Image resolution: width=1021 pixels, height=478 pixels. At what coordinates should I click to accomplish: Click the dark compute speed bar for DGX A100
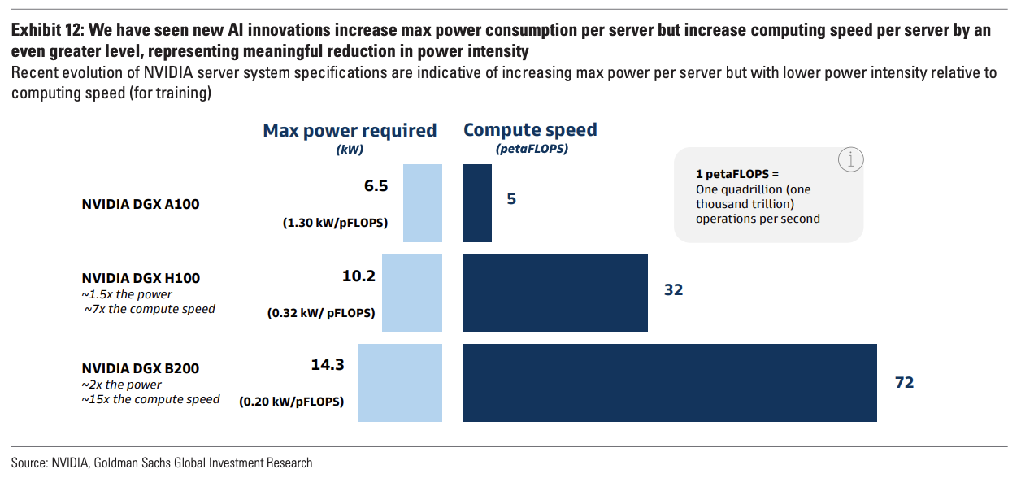point(477,202)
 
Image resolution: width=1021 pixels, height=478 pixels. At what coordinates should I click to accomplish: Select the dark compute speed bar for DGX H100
point(555,293)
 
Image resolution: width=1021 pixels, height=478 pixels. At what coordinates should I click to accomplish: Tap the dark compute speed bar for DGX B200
point(670,383)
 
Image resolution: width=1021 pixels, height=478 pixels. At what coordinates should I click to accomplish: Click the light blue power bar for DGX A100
point(423,202)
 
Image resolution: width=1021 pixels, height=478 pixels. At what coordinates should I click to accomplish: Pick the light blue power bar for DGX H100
point(411,293)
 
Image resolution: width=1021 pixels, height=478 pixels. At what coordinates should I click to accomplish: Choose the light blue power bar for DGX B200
point(400,383)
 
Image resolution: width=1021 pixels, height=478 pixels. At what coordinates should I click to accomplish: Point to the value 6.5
point(376,186)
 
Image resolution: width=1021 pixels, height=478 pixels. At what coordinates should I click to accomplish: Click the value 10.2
point(358,276)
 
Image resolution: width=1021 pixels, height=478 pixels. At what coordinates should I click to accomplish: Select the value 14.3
point(328,365)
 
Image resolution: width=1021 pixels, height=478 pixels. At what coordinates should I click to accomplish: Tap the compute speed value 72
point(904,383)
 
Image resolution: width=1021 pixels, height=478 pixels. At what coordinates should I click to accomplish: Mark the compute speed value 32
point(673,289)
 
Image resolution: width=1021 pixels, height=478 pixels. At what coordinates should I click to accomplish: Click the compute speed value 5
point(511,198)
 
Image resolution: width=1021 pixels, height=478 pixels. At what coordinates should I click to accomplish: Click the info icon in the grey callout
point(850,160)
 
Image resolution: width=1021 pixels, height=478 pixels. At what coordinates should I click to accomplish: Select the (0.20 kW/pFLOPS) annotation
point(291,402)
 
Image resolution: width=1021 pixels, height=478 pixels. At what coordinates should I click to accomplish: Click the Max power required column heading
point(350,131)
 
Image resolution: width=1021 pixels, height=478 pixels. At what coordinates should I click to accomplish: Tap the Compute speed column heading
point(530,130)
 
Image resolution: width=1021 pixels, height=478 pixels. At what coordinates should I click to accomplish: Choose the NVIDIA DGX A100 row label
point(141,204)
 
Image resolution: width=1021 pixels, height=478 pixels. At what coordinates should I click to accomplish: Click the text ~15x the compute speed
point(150,399)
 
